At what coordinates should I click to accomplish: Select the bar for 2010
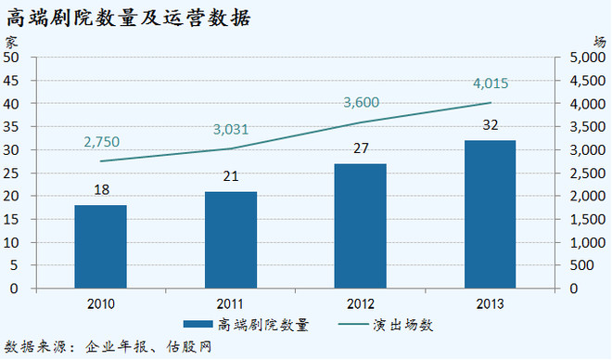(100, 246)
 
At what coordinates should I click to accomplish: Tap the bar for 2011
(230, 239)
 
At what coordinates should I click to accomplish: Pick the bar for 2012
(360, 225)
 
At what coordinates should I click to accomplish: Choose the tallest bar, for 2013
(490, 214)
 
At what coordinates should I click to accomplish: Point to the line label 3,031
(231, 129)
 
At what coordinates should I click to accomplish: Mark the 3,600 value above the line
(361, 102)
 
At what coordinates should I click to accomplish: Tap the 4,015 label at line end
(491, 83)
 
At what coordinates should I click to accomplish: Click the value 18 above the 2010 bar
(100, 190)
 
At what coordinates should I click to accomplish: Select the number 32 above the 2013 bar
(490, 125)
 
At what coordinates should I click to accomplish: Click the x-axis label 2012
(360, 302)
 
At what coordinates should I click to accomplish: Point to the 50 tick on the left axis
(13, 58)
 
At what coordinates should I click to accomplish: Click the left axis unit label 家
(11, 43)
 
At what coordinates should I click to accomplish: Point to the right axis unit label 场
(599, 41)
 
